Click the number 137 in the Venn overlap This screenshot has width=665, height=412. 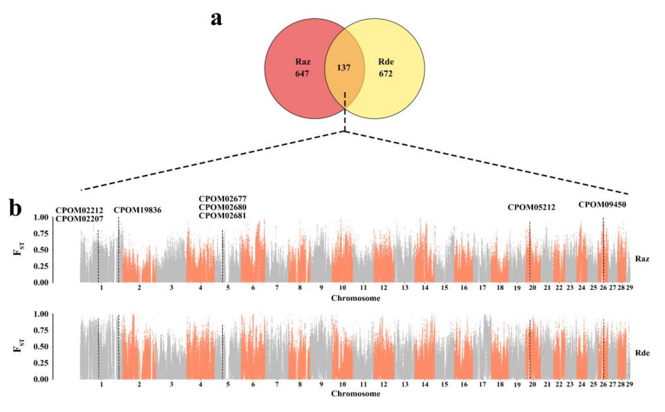click(x=344, y=67)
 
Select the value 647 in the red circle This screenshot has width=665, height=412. click(x=302, y=74)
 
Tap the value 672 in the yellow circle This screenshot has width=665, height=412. click(x=386, y=74)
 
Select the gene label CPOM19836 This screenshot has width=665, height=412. click(x=137, y=210)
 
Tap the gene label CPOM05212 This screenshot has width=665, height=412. click(x=531, y=207)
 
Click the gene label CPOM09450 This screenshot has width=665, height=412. click(x=602, y=204)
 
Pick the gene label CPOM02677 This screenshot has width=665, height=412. click(x=223, y=198)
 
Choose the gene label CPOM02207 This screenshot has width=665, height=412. click(x=80, y=219)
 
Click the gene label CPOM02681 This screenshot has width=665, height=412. click(x=223, y=216)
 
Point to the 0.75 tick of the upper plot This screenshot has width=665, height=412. click(x=41, y=234)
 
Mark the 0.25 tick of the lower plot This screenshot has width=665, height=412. click(x=41, y=363)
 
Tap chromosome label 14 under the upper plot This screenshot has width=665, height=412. click(x=425, y=287)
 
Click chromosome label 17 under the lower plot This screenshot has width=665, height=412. click(x=482, y=384)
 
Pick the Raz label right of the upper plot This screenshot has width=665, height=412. click(x=642, y=259)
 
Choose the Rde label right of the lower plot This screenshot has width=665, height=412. click(x=642, y=353)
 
